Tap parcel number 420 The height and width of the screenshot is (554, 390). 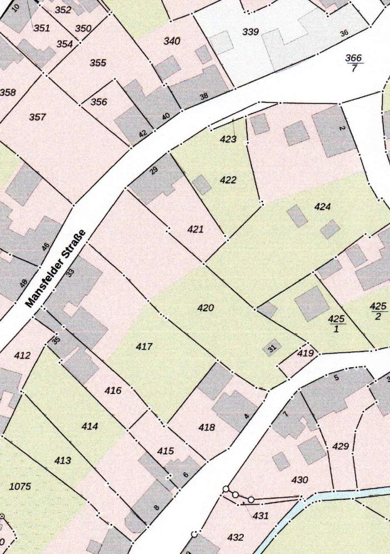pyautogui.click(x=206, y=308)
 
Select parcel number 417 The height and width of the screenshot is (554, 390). pyautogui.click(x=144, y=347)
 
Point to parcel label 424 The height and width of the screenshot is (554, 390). pyautogui.click(x=322, y=207)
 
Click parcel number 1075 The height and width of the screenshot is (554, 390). pyautogui.click(x=20, y=487)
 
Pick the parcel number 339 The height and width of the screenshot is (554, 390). pyautogui.click(x=250, y=32)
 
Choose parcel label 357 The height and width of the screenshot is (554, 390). pyautogui.click(x=38, y=117)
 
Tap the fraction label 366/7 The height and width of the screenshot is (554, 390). pyautogui.click(x=353, y=63)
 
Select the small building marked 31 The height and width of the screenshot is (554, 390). pyautogui.click(x=271, y=348)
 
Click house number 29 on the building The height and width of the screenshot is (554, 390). pyautogui.click(x=154, y=170)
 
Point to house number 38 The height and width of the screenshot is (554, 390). pyautogui.click(x=204, y=96)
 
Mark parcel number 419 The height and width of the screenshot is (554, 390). pyautogui.click(x=305, y=353)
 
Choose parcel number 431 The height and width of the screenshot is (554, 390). pyautogui.click(x=260, y=516)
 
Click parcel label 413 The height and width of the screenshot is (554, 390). pyautogui.click(x=63, y=460)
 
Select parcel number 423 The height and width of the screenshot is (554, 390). pyautogui.click(x=228, y=140)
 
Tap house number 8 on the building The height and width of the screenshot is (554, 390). pyautogui.click(x=156, y=507)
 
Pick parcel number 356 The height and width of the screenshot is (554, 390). pyautogui.click(x=99, y=102)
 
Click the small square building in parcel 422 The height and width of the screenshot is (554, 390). pyautogui.click(x=202, y=185)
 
